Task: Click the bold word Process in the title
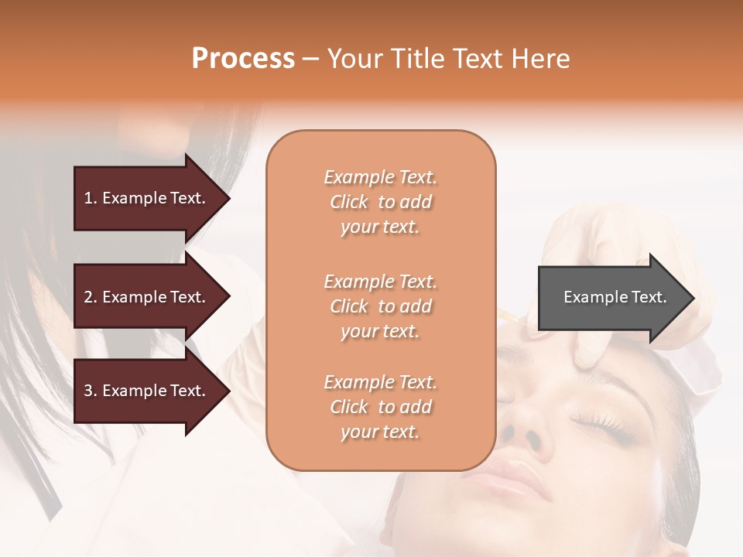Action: tap(243, 59)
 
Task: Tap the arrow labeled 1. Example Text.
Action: tap(147, 198)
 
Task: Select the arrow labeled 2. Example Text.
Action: tap(147, 297)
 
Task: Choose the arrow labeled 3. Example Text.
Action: tap(147, 391)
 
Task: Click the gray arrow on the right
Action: tap(611, 297)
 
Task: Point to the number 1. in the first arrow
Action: tap(91, 198)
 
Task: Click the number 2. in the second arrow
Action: tap(91, 297)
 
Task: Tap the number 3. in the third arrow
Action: tap(91, 391)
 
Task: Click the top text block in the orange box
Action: tap(380, 202)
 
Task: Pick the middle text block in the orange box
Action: tap(380, 306)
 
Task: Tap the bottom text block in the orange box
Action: tap(380, 407)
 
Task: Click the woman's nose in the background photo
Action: tap(526, 429)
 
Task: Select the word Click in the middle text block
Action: tap(349, 306)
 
